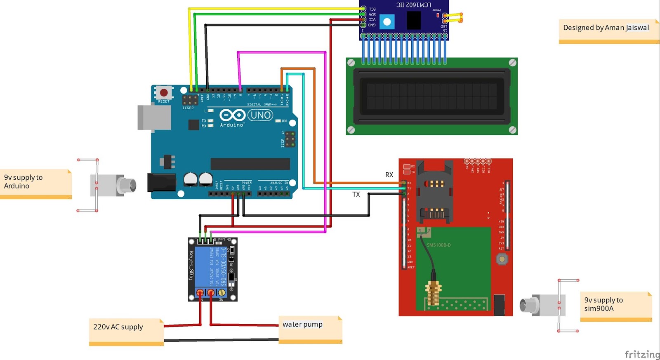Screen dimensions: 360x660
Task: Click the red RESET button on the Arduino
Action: click(x=164, y=93)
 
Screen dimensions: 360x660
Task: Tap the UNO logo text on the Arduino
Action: click(x=261, y=115)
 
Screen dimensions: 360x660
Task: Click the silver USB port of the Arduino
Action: click(x=154, y=118)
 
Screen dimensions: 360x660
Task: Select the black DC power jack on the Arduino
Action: click(x=161, y=182)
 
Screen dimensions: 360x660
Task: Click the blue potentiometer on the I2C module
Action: click(x=387, y=22)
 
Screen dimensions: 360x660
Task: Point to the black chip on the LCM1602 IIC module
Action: click(x=414, y=20)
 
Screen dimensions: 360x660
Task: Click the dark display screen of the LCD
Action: click(x=431, y=96)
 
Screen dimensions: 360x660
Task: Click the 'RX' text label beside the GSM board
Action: click(x=389, y=175)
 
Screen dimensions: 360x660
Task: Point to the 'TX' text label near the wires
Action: click(x=356, y=194)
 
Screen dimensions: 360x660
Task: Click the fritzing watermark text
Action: click(x=641, y=354)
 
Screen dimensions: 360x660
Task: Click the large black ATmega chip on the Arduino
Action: click(x=250, y=164)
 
